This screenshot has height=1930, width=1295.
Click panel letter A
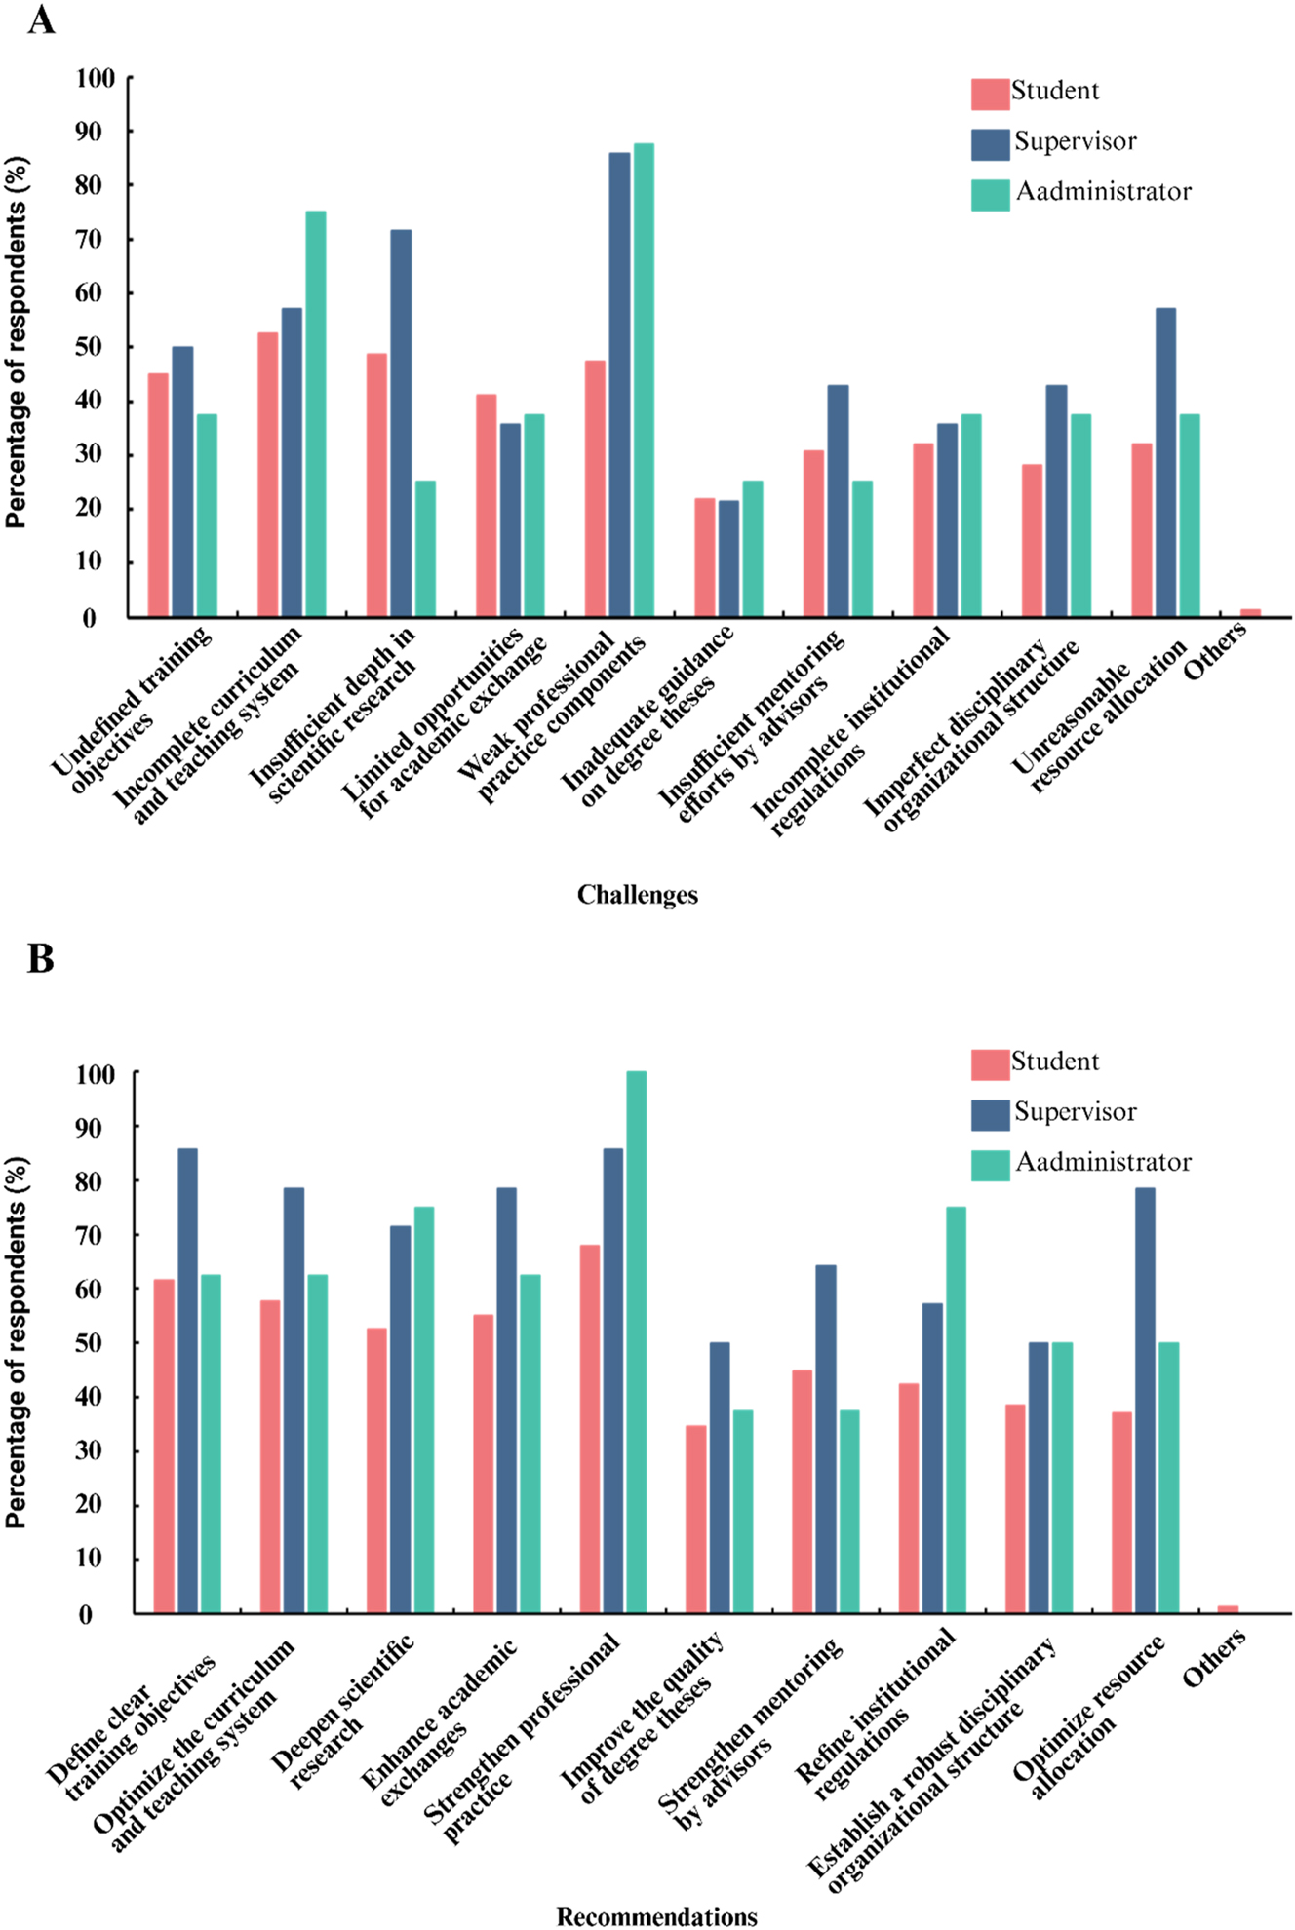coord(40,19)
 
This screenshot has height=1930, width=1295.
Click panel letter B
coord(40,958)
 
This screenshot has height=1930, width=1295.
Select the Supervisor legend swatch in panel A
coord(990,144)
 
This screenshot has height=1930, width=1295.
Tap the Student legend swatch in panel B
coord(990,1064)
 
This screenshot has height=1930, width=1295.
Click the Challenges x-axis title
coord(637,895)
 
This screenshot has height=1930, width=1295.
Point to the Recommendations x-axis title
coord(656,1916)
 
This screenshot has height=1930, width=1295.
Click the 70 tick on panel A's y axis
coord(95,239)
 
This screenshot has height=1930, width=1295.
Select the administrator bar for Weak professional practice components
coord(644,380)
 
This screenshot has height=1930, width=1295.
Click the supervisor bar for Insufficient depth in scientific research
coord(401,423)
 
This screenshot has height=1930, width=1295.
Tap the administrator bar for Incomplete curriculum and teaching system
coord(316,413)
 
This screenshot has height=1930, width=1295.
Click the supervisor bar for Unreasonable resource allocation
coord(1165,462)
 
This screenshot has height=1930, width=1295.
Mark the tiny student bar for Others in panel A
coord(1250,612)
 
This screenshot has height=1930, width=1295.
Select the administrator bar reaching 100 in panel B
coord(636,1341)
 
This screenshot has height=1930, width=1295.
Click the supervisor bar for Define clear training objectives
coord(187,1380)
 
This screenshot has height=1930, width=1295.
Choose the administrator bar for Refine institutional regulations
coord(956,1409)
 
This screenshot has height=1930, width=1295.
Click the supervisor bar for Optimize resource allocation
coord(1145,1400)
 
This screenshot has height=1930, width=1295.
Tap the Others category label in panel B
coord(1214,1657)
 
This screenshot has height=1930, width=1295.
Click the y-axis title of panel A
coord(16,343)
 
